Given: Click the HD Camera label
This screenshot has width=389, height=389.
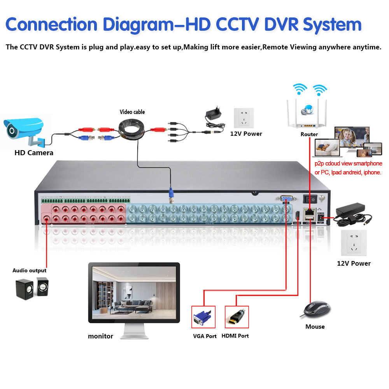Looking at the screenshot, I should [34, 152].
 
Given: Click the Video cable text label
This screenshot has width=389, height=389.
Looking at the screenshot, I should [132, 112].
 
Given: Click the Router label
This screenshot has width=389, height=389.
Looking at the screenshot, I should [309, 134].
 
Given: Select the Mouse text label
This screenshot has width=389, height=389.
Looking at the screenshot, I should [315, 327].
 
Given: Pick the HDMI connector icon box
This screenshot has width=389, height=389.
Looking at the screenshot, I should [237, 317].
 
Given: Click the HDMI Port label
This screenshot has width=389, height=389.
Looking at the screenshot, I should [235, 336].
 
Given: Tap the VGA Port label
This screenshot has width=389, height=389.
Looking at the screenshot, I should [205, 336].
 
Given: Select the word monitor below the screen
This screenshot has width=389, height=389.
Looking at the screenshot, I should [100, 336].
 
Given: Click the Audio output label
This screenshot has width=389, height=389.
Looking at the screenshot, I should [29, 270].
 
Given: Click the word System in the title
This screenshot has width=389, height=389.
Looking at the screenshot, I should [332, 25].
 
